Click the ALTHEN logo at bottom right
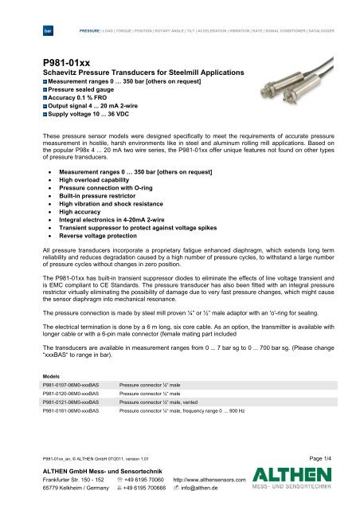pos(319,493)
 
